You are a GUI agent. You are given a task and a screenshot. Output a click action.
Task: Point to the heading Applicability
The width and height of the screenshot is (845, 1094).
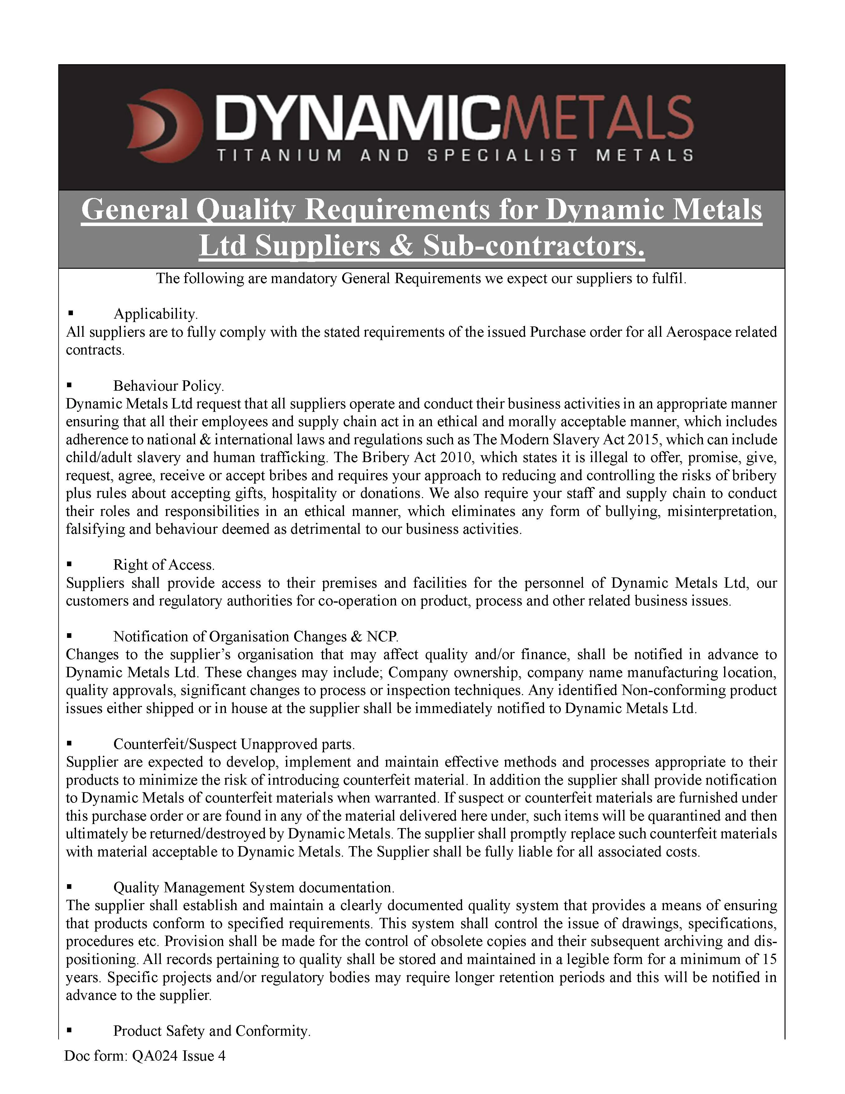point(156,314)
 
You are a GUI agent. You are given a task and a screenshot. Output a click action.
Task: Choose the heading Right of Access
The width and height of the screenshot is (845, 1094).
point(164,565)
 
